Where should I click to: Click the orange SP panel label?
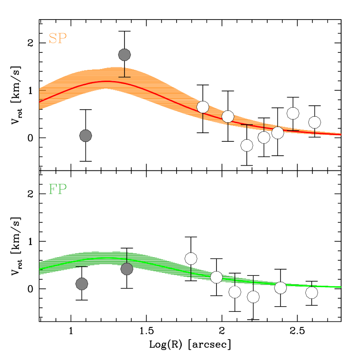[x=57, y=39]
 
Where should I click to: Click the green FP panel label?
[x=57, y=190]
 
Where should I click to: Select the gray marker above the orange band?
[x=124, y=55]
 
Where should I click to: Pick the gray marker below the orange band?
[x=85, y=136]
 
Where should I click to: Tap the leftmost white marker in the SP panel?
[x=203, y=107]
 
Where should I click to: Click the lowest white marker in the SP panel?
[x=247, y=145]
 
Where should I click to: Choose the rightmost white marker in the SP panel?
[x=314, y=122]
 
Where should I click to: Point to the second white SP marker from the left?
[x=228, y=116]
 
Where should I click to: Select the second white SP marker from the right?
[x=293, y=113]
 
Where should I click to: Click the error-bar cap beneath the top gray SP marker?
[x=124, y=77]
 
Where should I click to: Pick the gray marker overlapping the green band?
[x=127, y=269]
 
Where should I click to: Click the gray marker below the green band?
[x=82, y=284]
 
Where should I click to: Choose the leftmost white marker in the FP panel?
[x=191, y=259]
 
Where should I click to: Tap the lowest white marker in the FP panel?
[x=253, y=297]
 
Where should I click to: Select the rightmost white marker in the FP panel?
[x=311, y=293]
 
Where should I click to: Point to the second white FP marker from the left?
[x=216, y=277]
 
